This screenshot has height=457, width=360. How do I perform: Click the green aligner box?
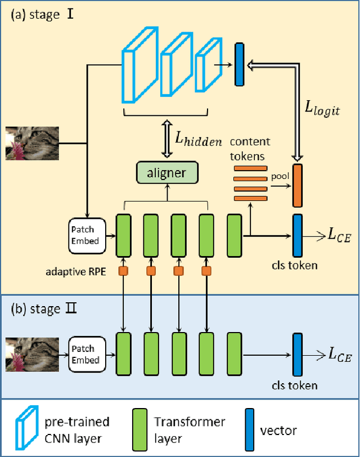click(x=166, y=172)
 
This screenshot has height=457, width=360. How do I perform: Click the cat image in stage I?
click(x=31, y=144)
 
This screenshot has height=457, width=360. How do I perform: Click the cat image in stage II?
click(x=31, y=354)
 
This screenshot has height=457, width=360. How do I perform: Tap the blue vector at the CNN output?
click(x=240, y=65)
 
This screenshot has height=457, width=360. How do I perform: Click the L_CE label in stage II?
click(x=340, y=354)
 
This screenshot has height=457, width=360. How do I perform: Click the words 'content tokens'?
click(x=250, y=147)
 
